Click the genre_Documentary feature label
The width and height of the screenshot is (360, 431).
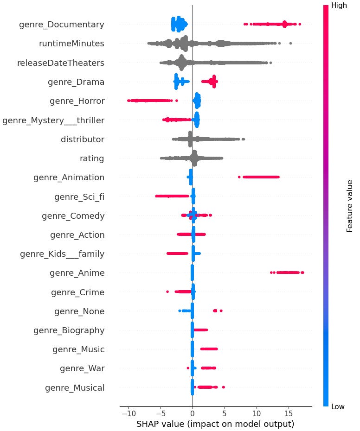61,25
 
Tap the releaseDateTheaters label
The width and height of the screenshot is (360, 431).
60,63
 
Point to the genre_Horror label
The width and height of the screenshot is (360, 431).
77,101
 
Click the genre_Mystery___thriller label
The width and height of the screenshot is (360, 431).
53,120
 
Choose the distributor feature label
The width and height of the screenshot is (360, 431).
83,139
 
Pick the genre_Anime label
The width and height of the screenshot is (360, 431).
77,273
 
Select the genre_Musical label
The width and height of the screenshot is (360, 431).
75,387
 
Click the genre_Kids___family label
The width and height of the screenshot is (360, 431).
62,254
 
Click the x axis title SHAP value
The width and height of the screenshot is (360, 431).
215,424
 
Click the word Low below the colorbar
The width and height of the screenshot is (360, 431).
338,407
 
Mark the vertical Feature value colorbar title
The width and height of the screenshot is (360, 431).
351,206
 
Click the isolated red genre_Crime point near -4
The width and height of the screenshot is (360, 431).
167,292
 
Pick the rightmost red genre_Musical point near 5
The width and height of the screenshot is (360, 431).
223,387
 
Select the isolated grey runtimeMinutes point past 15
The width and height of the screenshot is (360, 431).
290,44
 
